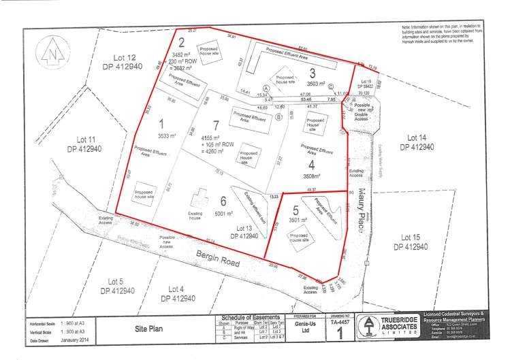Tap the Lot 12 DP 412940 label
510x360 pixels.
click(123, 62)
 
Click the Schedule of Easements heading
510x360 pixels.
click(246, 318)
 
